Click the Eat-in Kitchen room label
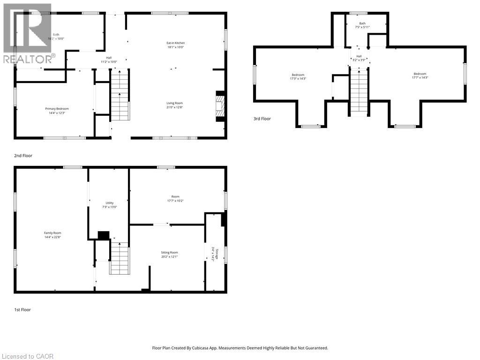click(176, 43)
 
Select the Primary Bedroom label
click(57, 109)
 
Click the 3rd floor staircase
click(359, 90)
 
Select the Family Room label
click(52, 233)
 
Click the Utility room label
click(109, 203)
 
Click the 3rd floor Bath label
click(362, 23)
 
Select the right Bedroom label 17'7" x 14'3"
click(420, 74)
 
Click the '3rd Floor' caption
click(262, 119)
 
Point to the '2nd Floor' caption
click(23, 155)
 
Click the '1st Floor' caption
click(22, 309)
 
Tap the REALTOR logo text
click(28, 59)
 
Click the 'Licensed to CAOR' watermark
click(27, 356)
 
